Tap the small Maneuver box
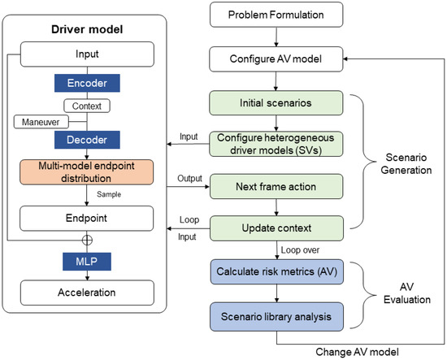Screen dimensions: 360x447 click(x=36, y=121)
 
